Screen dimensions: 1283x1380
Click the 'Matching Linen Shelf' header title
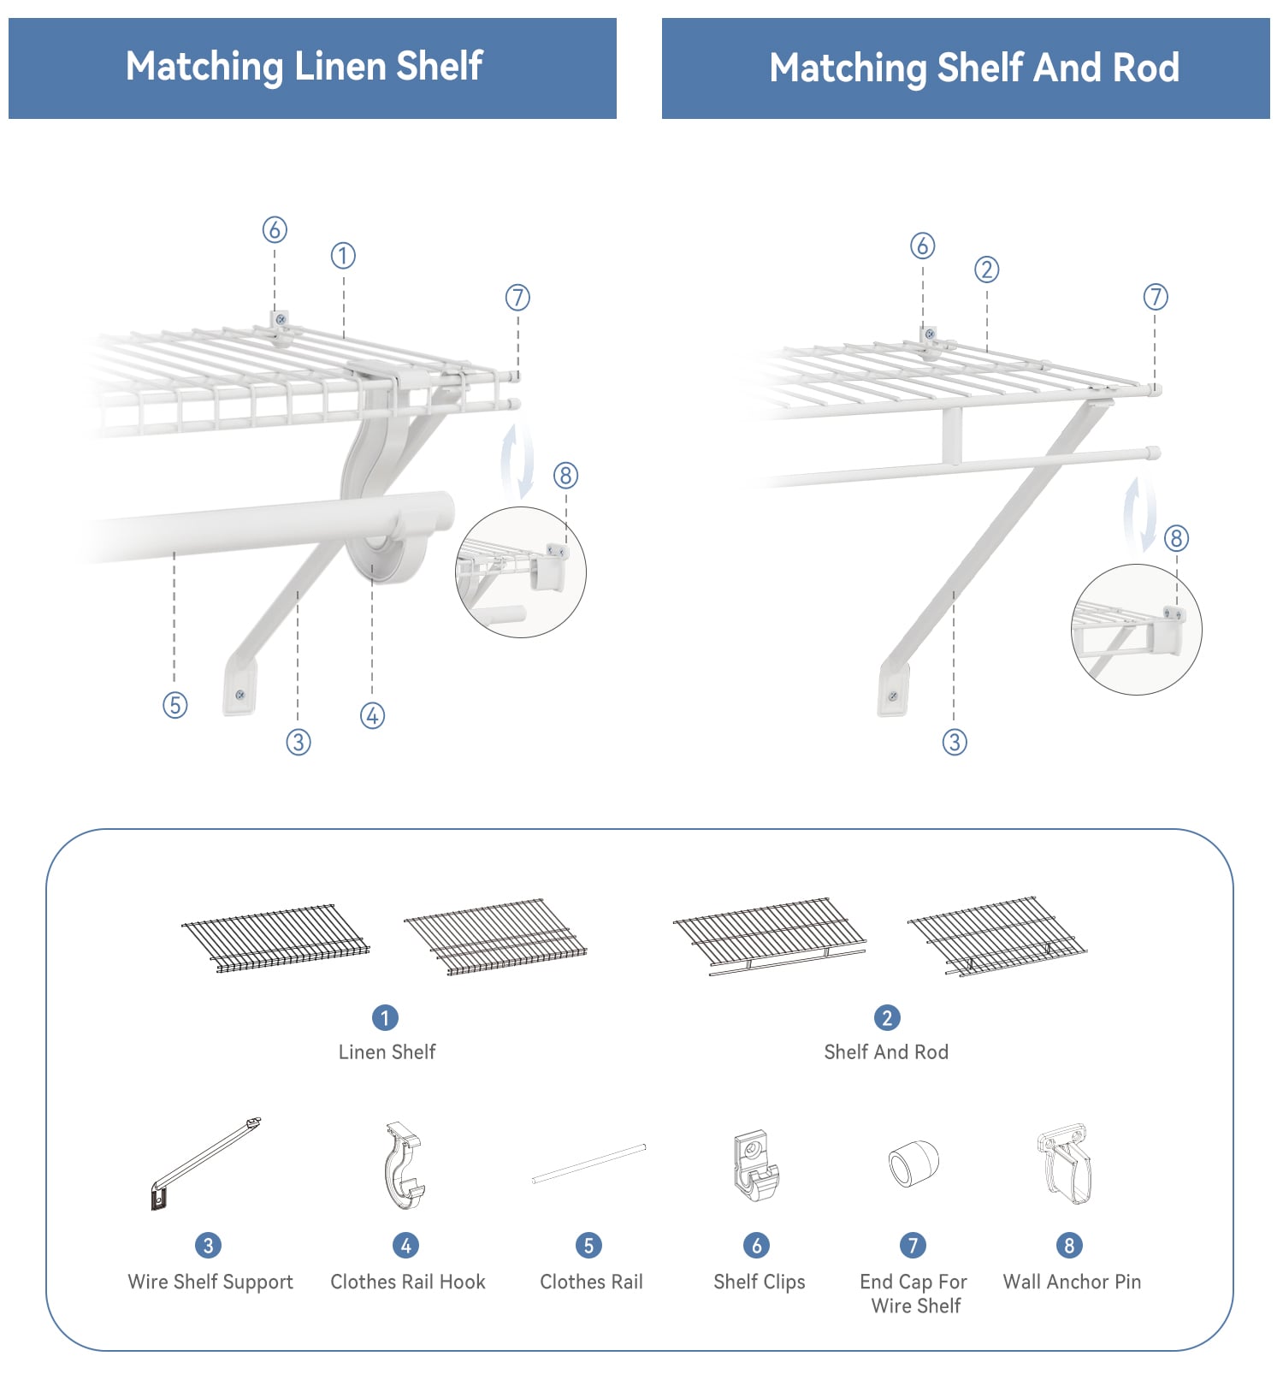point(304,67)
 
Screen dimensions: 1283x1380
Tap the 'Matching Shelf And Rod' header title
point(974,68)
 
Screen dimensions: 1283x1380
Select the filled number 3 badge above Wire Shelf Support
point(208,1245)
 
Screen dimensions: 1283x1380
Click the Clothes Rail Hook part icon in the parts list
point(404,1165)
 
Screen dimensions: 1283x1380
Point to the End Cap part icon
point(913,1164)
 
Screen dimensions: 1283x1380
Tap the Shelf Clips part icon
point(756,1165)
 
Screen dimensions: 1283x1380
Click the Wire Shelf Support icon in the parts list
point(205,1164)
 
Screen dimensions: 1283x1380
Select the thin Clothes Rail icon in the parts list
point(588,1164)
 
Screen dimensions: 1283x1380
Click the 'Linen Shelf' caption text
point(387,1051)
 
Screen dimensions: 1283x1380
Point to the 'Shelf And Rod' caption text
point(886,1051)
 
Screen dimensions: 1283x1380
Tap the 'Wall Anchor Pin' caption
point(1072,1282)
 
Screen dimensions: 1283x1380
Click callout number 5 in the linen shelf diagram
point(175,705)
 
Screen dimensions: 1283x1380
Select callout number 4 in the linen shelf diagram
point(372,715)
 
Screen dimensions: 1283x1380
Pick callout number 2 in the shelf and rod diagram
point(986,269)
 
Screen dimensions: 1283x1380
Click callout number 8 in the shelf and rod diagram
point(1176,538)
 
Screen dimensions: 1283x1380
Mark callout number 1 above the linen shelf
point(343,255)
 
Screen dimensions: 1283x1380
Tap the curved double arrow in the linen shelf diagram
point(517,460)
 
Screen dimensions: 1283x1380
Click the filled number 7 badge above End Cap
point(913,1245)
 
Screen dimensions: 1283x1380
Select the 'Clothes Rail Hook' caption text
point(408,1282)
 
